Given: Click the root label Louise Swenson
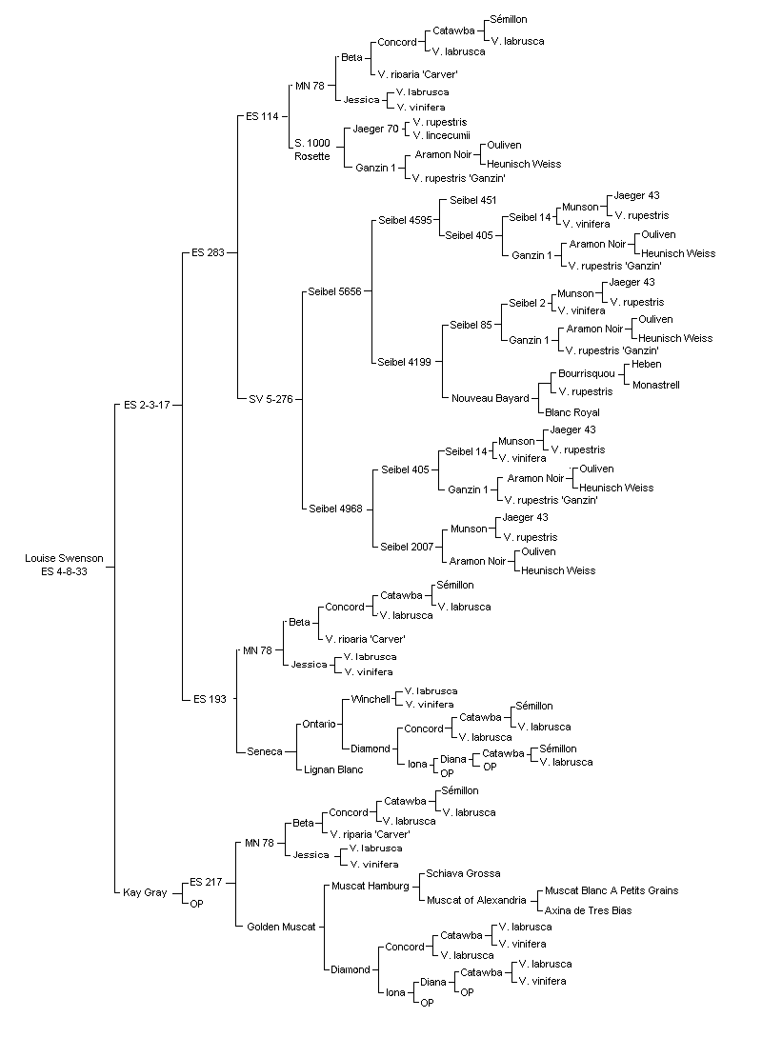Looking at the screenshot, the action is (64, 558).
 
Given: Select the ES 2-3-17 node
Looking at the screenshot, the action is (147, 405).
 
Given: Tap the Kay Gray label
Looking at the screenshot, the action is (145, 892).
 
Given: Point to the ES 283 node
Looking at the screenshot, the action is (208, 252).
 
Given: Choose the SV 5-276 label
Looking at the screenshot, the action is (271, 399).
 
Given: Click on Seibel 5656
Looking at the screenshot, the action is (335, 291).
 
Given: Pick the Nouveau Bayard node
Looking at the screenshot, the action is (491, 398).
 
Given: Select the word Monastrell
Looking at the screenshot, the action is (656, 385).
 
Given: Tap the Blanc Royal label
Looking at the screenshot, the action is (572, 412).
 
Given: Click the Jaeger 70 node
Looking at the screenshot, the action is (376, 129).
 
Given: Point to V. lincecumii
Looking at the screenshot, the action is (442, 136).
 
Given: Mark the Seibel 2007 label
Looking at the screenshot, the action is (407, 547).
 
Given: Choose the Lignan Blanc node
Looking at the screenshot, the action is (333, 769).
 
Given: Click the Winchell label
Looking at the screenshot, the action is (371, 699).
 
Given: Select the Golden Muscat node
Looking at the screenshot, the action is (281, 927).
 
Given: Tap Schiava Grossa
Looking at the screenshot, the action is (464, 874).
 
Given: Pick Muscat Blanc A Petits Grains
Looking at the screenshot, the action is (612, 890).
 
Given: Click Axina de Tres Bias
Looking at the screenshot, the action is (588, 910).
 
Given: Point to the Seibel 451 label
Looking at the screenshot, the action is (472, 200).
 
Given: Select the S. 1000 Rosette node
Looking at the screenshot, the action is (312, 150).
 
